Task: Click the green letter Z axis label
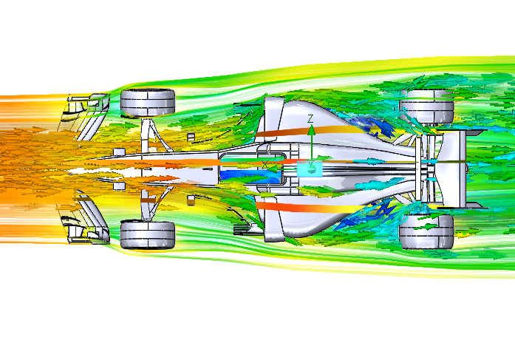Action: pyautogui.click(x=310, y=118)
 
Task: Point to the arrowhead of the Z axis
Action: pyautogui.click(x=311, y=130)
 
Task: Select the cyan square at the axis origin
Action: pyautogui.click(x=310, y=169)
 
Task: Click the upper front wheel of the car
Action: pyautogui.click(x=148, y=103)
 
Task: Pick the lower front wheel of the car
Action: pyautogui.click(x=148, y=234)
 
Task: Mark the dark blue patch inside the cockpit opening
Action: pyautogui.click(x=250, y=176)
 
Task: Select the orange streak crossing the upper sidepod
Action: pyautogui.click(x=309, y=130)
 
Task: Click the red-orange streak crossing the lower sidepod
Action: pyautogui.click(x=309, y=208)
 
